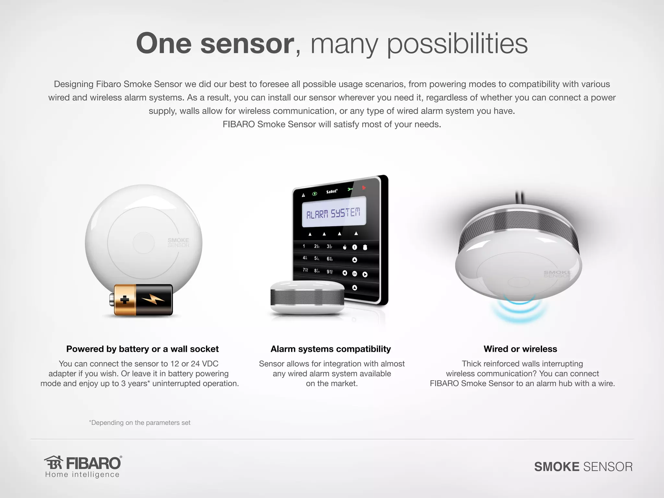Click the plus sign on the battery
[124, 300]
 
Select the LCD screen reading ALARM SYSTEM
[334, 213]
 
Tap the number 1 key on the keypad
[304, 246]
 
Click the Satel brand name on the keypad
[332, 192]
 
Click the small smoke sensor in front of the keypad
[307, 297]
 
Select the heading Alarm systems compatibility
[331, 349]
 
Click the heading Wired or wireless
[520, 349]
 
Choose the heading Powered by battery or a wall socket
[142, 349]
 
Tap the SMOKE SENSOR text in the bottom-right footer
[583, 467]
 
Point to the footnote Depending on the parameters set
[140, 423]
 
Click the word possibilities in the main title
[457, 44]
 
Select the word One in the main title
[164, 44]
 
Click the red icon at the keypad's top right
[364, 187]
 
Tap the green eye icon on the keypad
[314, 194]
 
